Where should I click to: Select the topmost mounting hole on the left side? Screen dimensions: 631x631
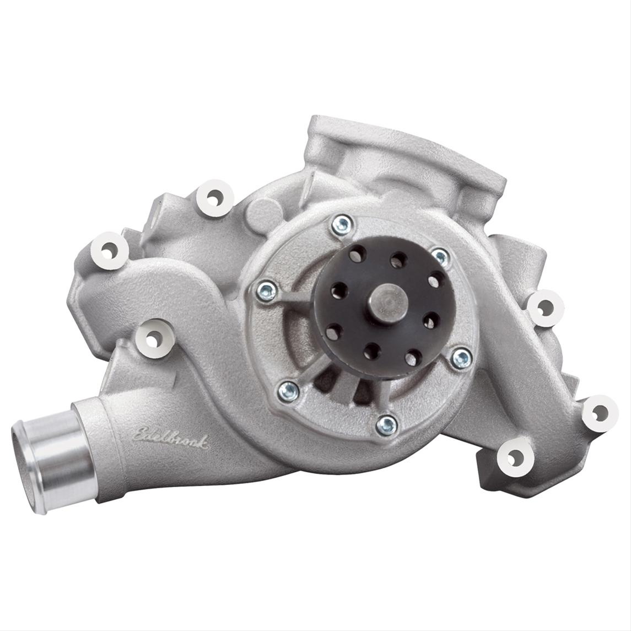pos(213,198)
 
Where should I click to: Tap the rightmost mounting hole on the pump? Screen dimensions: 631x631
pos(600,411)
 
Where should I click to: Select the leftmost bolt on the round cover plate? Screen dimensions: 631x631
pos(266,290)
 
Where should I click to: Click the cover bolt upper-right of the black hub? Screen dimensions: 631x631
pos(439,255)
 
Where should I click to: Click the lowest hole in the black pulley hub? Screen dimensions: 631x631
pos(373,350)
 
